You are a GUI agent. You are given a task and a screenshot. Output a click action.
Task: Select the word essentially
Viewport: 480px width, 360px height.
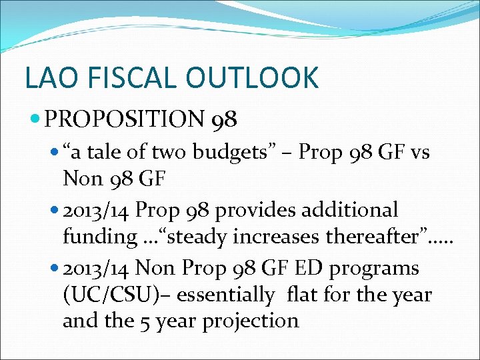click(227, 294)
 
